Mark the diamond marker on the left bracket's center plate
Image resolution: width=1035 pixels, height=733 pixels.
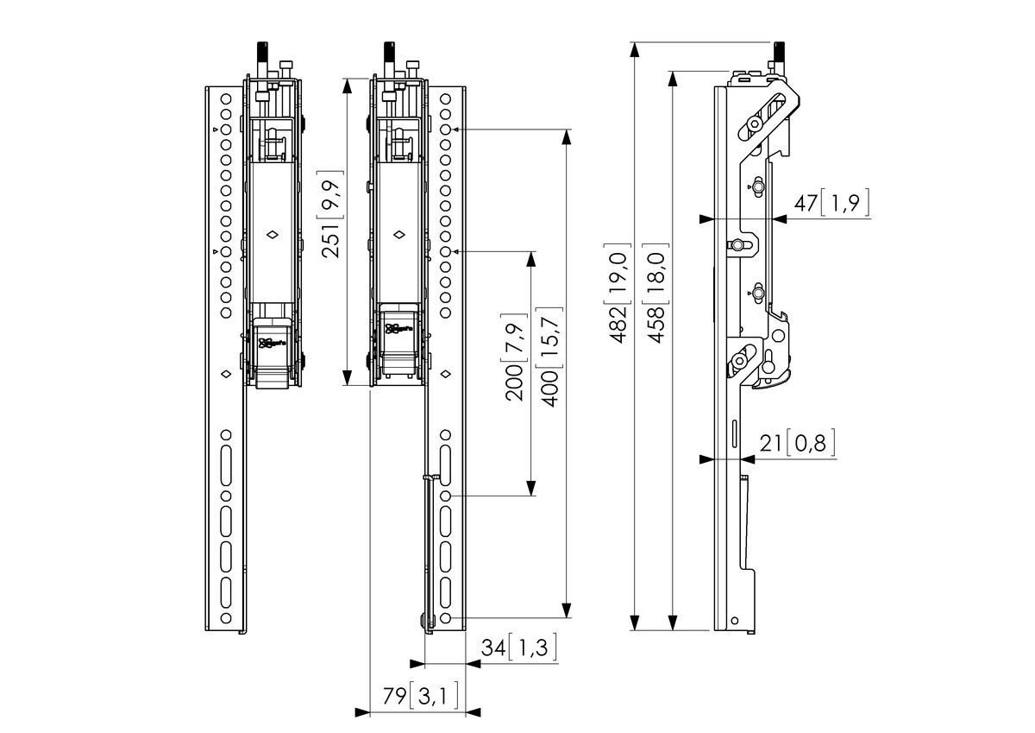tap(272, 234)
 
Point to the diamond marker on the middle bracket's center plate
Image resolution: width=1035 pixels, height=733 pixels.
tap(400, 234)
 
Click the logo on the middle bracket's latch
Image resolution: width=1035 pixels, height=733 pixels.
tap(397, 329)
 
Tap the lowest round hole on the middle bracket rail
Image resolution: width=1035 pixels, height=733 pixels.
tap(445, 619)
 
